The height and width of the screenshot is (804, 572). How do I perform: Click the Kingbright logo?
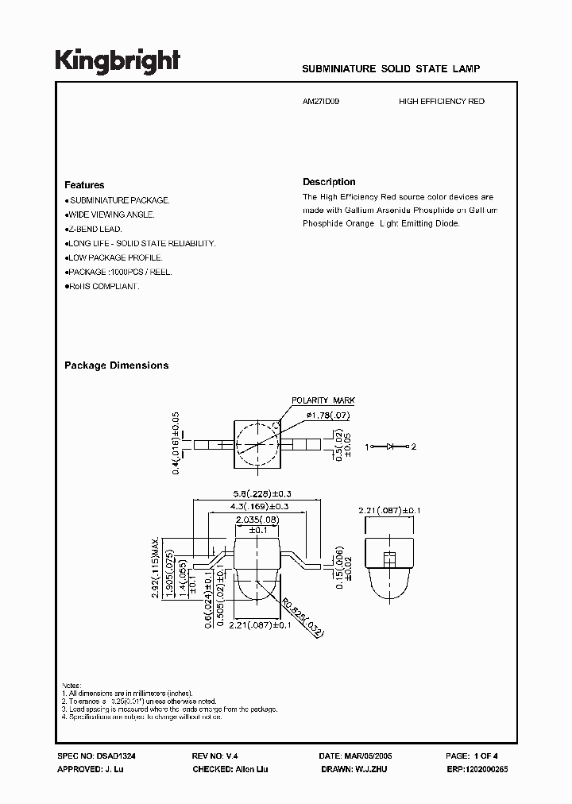tap(118, 60)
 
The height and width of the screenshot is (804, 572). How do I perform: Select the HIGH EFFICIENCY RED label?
tap(441, 102)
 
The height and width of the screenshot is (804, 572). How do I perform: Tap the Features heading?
tap(84, 185)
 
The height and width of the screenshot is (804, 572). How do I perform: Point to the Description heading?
tap(329, 182)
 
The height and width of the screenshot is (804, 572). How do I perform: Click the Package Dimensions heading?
tap(116, 365)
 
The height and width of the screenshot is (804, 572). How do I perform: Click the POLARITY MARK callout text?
tap(323, 401)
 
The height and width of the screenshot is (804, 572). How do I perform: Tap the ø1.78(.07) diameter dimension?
tap(322, 416)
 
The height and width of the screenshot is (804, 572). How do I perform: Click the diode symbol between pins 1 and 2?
tap(391, 446)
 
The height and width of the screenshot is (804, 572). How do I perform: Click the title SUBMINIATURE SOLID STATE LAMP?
tap(391, 69)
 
